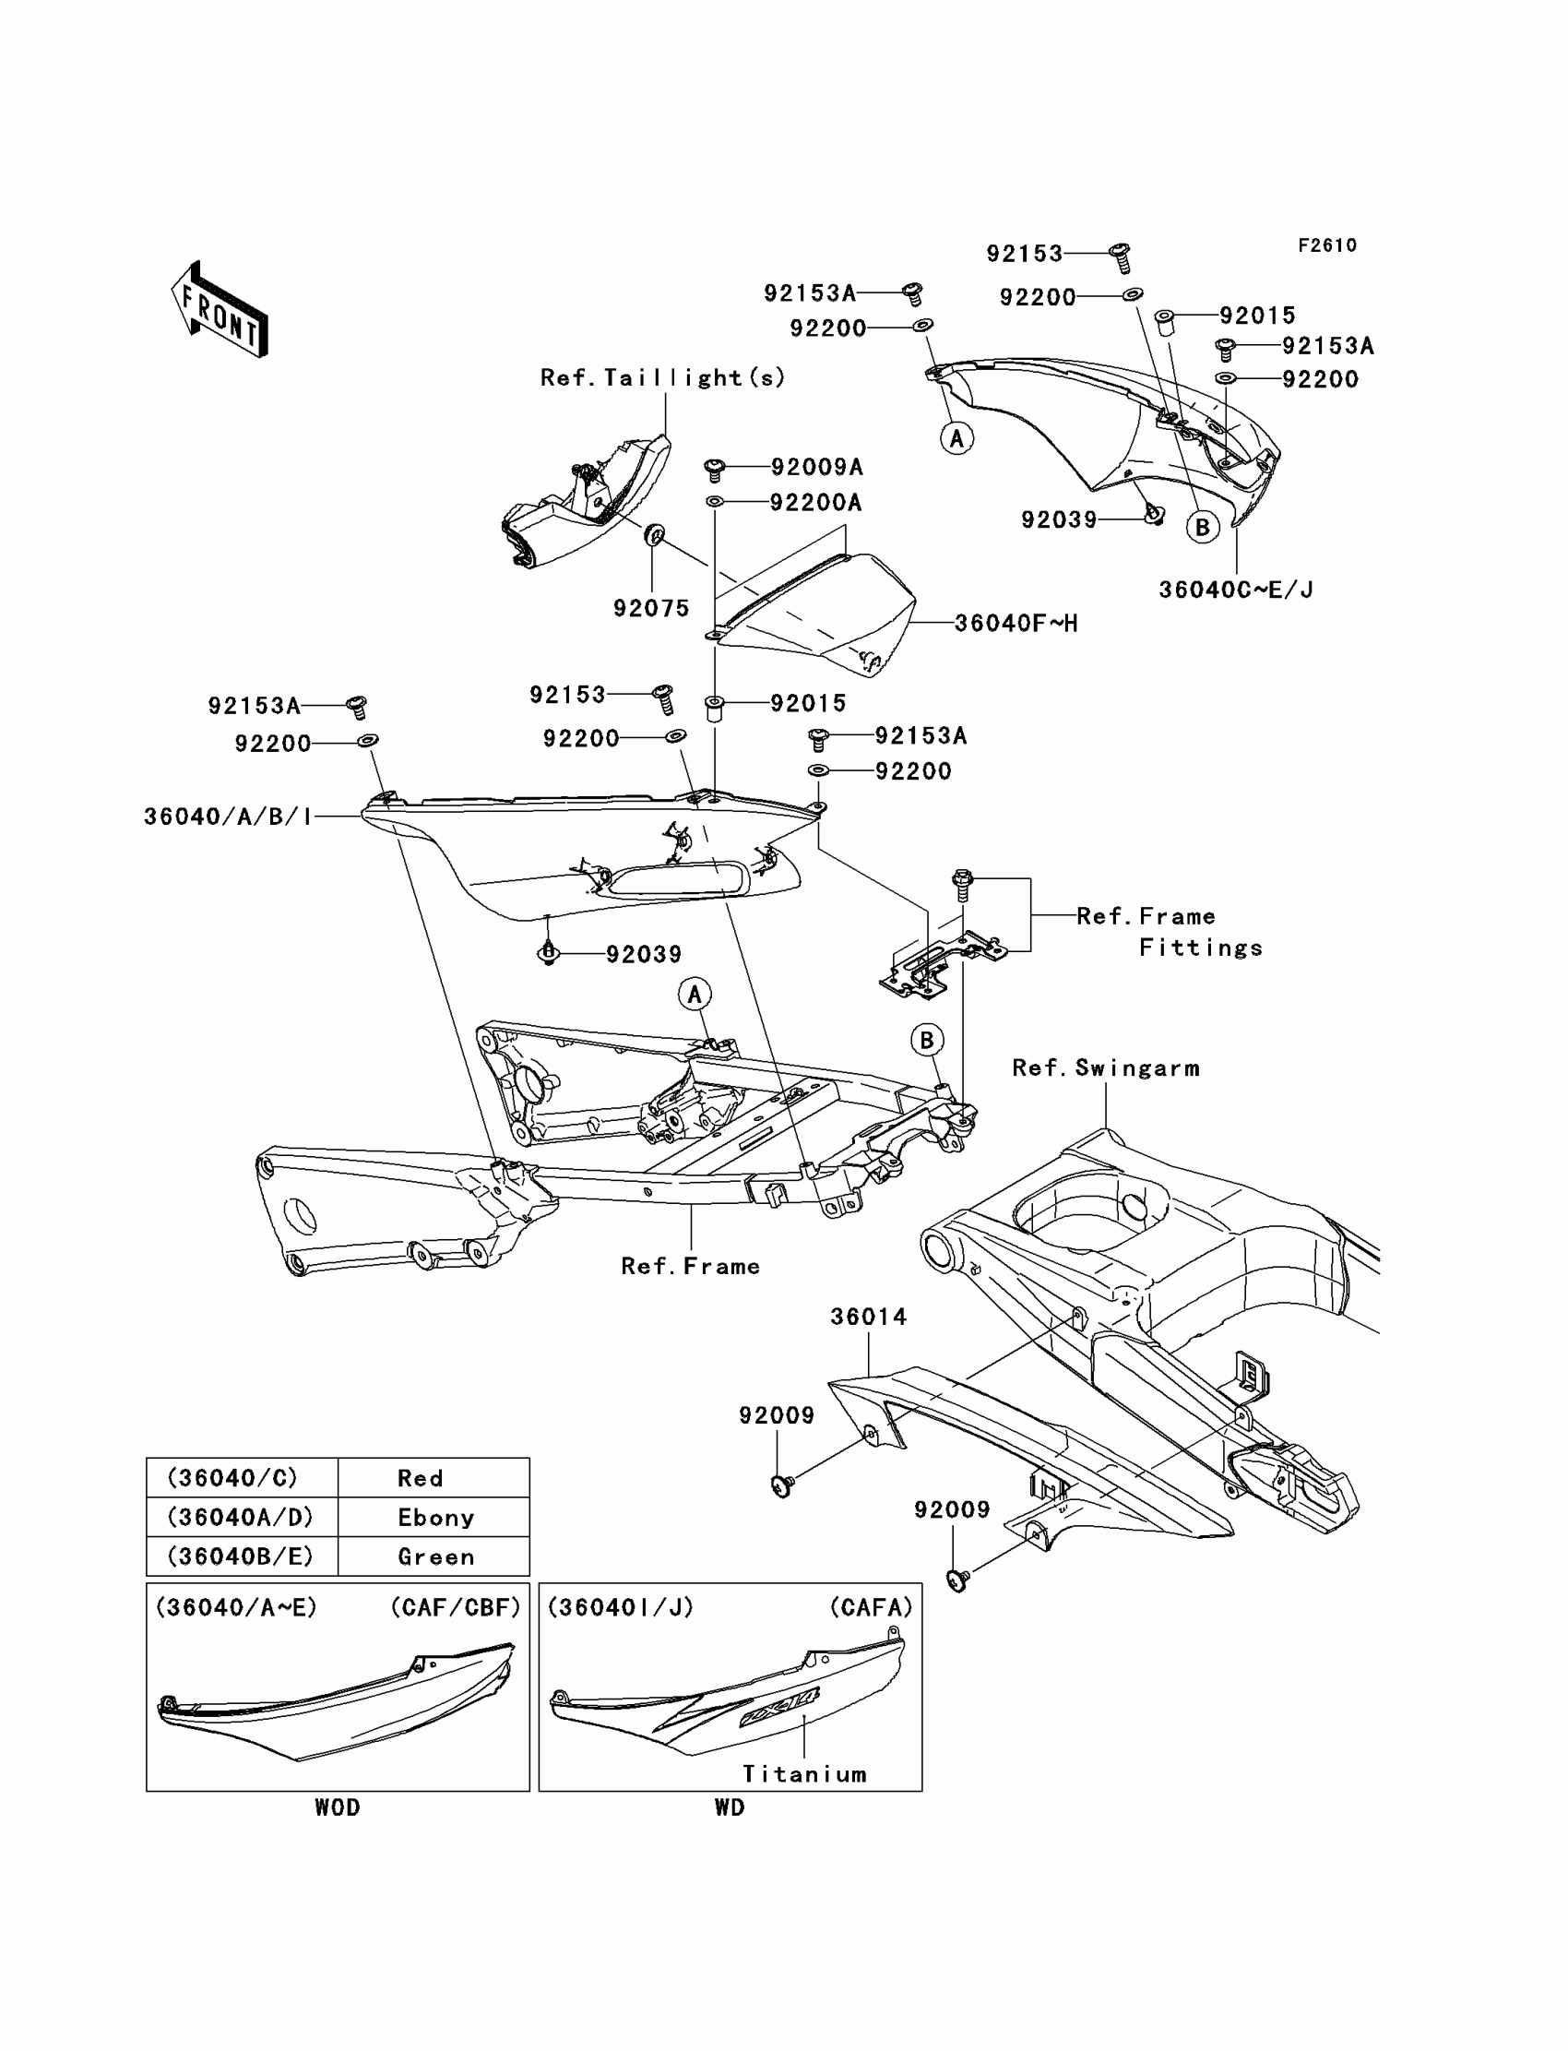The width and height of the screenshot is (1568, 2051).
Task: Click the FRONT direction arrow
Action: pyautogui.click(x=220, y=310)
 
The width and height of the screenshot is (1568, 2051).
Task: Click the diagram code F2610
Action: pyautogui.click(x=1327, y=245)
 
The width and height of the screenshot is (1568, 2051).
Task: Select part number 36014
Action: pyautogui.click(x=869, y=1318)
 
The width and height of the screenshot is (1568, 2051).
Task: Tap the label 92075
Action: pyautogui.click(x=651, y=609)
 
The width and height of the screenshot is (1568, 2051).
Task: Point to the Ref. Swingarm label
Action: pyautogui.click(x=1106, y=1068)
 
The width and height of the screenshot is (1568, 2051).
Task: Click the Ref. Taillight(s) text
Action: pyautogui.click(x=662, y=378)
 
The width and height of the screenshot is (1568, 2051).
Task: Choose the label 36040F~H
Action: pyautogui.click(x=1016, y=624)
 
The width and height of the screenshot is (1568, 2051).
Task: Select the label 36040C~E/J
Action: pyautogui.click(x=1236, y=590)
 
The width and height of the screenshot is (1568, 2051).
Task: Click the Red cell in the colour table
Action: pyautogui.click(x=420, y=1479)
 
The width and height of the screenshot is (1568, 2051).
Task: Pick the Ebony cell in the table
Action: pyautogui.click(x=436, y=1518)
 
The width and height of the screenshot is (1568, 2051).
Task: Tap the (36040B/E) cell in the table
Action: pyautogui.click(x=240, y=1557)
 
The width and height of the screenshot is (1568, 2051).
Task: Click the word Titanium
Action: pyautogui.click(x=804, y=1774)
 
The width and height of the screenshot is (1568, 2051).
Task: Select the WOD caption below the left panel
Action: pyautogui.click(x=337, y=1808)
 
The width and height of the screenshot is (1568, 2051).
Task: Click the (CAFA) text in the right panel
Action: pyautogui.click(x=871, y=1607)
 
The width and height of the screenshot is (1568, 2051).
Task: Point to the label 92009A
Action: pyautogui.click(x=816, y=468)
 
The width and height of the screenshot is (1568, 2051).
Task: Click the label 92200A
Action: pyautogui.click(x=815, y=503)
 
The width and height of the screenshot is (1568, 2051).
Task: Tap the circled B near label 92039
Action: pyautogui.click(x=1203, y=529)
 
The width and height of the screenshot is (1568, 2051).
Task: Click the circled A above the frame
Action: pyautogui.click(x=695, y=996)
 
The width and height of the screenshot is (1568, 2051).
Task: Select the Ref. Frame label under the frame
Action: pyautogui.click(x=691, y=1267)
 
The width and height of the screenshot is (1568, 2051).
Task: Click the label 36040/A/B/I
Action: pyautogui.click(x=228, y=817)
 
